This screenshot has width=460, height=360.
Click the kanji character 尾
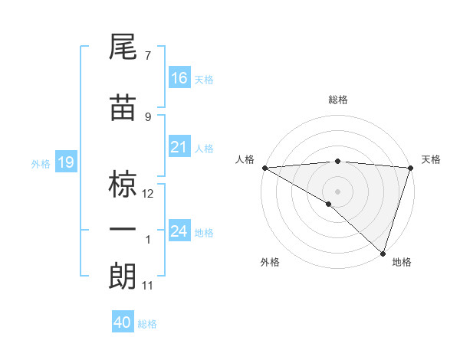123,48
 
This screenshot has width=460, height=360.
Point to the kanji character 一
123,231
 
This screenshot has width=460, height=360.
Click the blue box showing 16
179,77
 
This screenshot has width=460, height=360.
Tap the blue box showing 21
179,147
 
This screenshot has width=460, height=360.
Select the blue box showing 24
179,231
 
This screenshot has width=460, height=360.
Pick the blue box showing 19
65,162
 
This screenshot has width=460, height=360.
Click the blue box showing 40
123,322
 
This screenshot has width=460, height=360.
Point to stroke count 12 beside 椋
148,193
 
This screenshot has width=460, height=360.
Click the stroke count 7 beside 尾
148,56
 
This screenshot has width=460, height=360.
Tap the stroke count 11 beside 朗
148,286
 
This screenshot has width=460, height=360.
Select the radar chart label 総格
337,100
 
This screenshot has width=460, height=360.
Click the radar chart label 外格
270,262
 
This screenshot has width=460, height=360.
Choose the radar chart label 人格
245,159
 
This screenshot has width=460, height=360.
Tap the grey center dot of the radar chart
337,191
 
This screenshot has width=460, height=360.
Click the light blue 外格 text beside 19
40,163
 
